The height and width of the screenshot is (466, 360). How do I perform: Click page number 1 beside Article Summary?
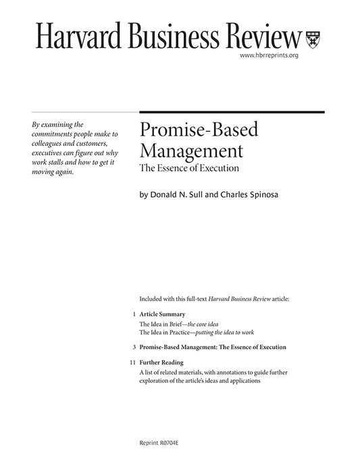134,315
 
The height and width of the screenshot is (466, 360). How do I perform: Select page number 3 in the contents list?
134,346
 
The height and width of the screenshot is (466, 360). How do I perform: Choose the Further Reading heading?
162,363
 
